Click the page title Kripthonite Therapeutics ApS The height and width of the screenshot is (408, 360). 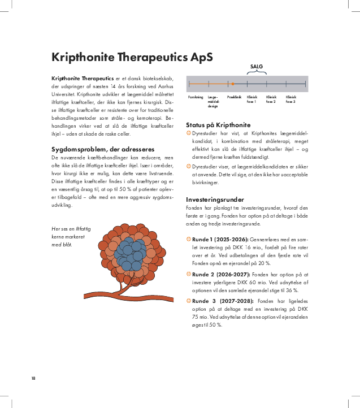point(132,58)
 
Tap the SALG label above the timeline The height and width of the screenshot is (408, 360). point(257,66)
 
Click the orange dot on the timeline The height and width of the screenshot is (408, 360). point(232,84)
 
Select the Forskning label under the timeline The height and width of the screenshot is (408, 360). point(196,97)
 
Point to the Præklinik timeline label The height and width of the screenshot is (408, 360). point(234,97)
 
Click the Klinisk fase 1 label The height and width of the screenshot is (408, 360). point(252,99)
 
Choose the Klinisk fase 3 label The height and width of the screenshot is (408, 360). point(290,99)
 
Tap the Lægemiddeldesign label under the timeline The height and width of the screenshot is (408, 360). point(213,102)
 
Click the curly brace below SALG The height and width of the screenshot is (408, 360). point(257,72)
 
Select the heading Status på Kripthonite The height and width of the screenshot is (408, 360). point(218,124)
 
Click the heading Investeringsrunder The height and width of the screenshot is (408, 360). point(215,199)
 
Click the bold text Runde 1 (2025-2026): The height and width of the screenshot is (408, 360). point(212,240)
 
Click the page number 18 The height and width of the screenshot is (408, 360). point(34,378)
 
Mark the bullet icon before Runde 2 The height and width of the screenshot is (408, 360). point(188,274)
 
